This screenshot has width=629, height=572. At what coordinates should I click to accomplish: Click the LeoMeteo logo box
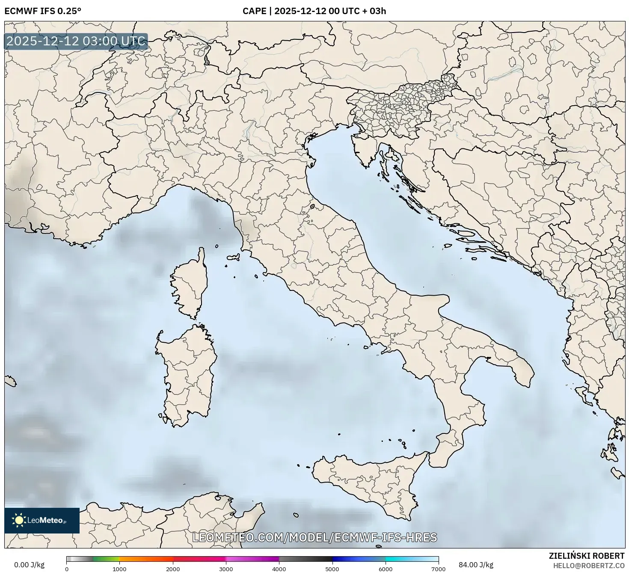(x=42, y=520)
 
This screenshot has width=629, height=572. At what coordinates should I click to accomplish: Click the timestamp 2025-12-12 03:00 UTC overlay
(x=76, y=41)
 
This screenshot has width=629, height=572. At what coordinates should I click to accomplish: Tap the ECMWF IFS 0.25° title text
(x=42, y=11)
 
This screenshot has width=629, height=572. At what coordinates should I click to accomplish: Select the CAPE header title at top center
(x=314, y=11)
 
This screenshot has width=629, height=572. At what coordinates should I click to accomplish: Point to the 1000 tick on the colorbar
(x=119, y=569)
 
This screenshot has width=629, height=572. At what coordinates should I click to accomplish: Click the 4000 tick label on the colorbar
(x=279, y=569)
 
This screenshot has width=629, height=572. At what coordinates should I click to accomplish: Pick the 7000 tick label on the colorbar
(x=438, y=569)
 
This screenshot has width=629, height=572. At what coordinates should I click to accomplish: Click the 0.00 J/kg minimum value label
(x=29, y=565)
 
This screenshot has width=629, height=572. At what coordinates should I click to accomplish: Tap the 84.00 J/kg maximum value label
(x=476, y=565)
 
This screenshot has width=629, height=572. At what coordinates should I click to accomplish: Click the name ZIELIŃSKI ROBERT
(x=587, y=556)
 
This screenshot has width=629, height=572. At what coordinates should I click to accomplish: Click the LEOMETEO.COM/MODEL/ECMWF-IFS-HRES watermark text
(x=314, y=537)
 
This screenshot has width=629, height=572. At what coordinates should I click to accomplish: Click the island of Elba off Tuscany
(x=234, y=258)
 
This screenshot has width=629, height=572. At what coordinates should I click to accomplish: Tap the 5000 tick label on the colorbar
(x=332, y=569)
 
